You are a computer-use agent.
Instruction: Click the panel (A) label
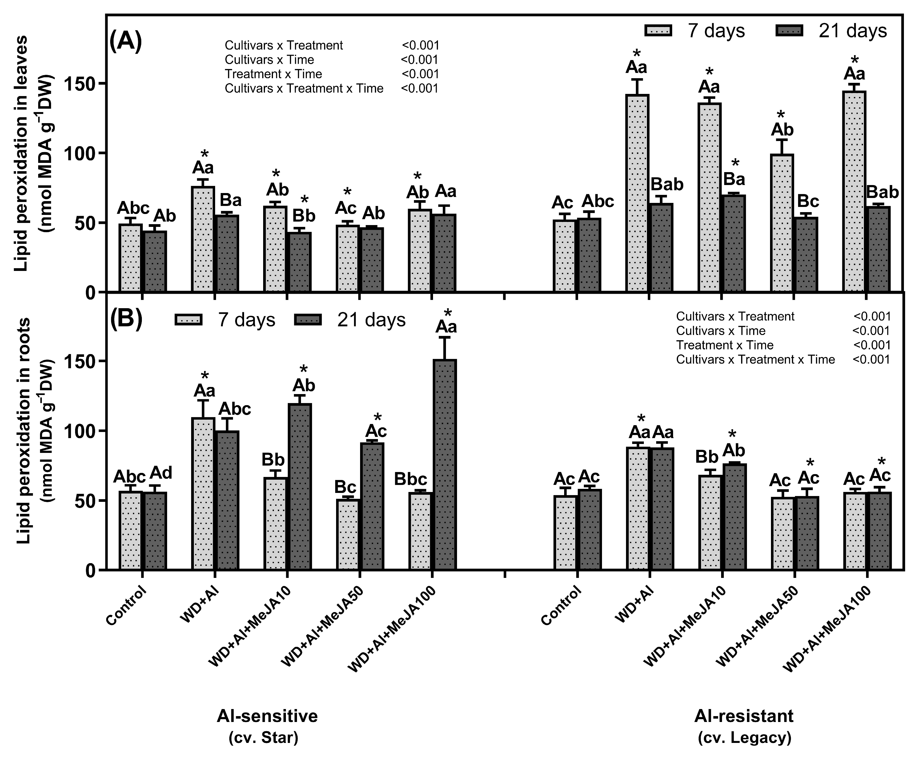pos(126,42)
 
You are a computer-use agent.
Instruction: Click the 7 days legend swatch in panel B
pos(189,320)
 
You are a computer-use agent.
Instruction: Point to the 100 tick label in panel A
pos(81,153)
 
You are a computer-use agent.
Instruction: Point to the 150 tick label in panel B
pos(81,361)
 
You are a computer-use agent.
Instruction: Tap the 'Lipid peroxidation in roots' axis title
pos(24,430)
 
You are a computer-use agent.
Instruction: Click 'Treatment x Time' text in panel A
pos(273,74)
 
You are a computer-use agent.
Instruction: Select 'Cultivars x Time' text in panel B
pos(720,331)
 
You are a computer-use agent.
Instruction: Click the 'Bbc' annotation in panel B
pos(411,479)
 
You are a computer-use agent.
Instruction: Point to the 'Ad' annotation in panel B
pos(161,472)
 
